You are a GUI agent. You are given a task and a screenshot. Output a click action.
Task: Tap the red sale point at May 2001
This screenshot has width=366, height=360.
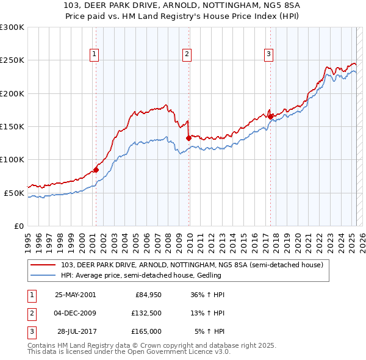(96, 170)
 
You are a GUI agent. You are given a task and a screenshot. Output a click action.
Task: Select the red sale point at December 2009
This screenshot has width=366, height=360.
(188, 139)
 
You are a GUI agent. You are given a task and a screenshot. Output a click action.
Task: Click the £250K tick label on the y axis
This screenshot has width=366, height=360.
(12, 60)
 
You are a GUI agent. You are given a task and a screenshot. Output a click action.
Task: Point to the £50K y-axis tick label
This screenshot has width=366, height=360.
(14, 193)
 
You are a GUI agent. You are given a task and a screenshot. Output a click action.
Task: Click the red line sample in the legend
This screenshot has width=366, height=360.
(44, 265)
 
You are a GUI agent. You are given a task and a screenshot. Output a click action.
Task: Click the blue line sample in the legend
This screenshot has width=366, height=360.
(44, 275)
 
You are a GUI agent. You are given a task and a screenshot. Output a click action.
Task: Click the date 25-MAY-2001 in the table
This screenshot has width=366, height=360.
(75, 295)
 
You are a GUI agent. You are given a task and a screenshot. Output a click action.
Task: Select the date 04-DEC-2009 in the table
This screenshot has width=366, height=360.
(75, 313)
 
